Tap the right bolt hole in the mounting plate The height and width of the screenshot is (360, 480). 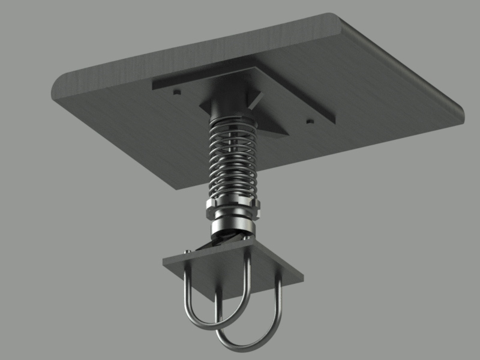point(310,122)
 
